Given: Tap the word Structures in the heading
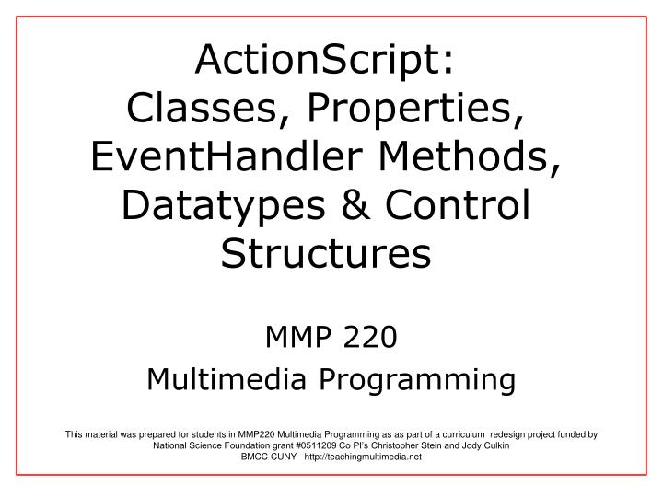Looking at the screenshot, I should click(x=326, y=254).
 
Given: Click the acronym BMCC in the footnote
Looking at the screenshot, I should click(x=255, y=457).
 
